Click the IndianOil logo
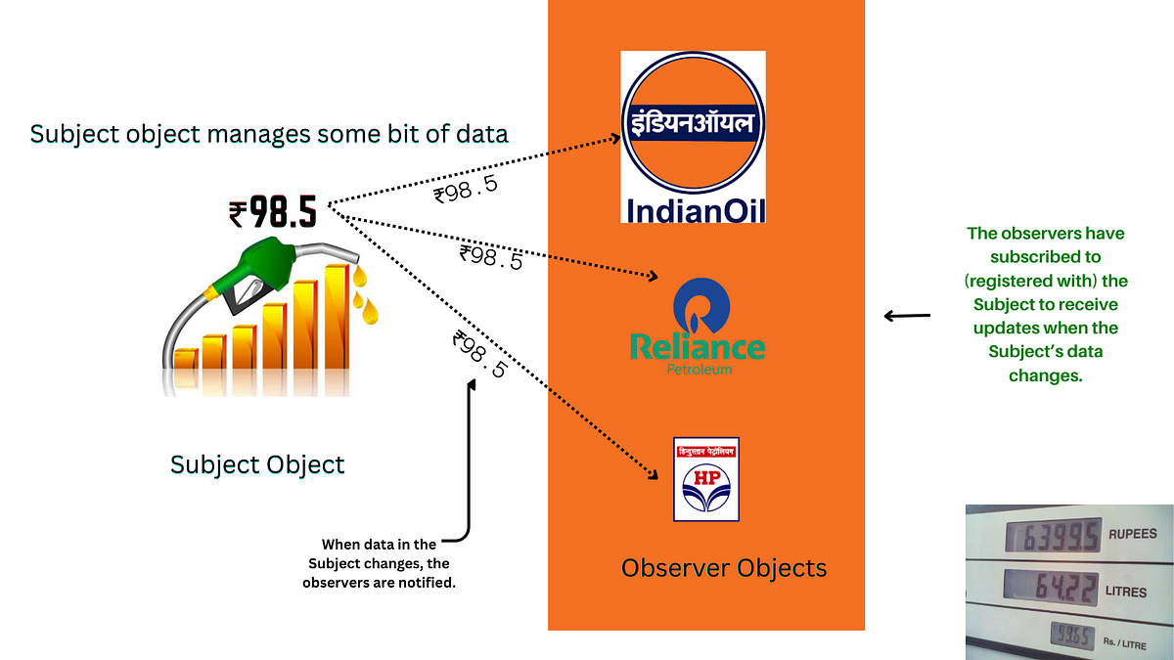pos(693,137)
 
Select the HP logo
pos(705,479)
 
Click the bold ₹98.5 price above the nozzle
pos(273,210)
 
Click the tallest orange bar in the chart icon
pos(338,318)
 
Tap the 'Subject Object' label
pos(257,463)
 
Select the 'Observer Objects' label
pos(724,567)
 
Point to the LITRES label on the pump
pos(1126,592)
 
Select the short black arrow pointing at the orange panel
pos(907,316)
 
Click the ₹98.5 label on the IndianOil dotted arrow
pos(467,189)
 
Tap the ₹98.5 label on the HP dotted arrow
pos(480,355)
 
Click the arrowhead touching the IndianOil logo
pos(614,138)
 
